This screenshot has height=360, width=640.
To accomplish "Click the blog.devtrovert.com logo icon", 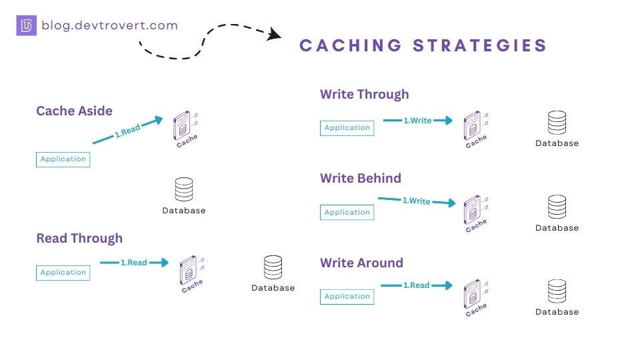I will coord(27,26).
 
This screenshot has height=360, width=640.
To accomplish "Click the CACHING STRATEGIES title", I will coord(423,45).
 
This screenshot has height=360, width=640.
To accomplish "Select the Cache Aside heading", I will coord(74,111).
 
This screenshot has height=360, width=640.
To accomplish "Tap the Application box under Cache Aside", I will coord(63,159).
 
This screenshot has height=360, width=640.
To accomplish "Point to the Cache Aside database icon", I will coord(184,189).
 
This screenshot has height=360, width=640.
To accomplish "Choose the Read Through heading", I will coord(79,238).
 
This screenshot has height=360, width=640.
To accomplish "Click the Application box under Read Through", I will coord(63,272).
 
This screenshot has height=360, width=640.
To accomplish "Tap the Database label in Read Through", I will coord(273,288).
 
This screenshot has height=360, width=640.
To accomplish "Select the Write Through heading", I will coord(364,94).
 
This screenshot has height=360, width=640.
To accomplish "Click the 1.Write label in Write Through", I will coord(417,121).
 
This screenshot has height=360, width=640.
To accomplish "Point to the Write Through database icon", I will coord(557,123).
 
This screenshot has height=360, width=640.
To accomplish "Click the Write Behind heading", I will coord(361,178).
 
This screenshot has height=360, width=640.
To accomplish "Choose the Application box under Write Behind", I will coord(347,212).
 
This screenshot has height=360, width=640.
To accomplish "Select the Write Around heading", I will coord(361,263).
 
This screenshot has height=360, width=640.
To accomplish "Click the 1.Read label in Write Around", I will coord(416,285).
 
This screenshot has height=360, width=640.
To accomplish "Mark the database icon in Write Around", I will coord(557,292).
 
